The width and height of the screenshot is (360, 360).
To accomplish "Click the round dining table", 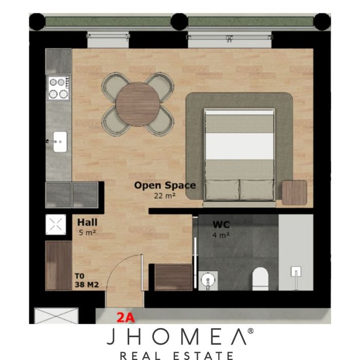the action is click(x=138, y=104).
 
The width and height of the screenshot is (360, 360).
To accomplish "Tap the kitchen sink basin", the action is click(x=60, y=141).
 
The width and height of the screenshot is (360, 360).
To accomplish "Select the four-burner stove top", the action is click(x=58, y=88).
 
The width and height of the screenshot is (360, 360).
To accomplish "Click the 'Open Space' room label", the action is click(x=165, y=185).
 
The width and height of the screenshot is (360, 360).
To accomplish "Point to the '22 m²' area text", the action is click(x=165, y=196).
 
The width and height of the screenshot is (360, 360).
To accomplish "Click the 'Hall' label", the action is click(x=87, y=222).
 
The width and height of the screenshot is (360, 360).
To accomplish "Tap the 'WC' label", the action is click(x=221, y=225).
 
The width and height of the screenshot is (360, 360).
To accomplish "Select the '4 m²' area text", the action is click(x=221, y=235).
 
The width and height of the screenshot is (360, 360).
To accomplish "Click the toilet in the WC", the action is click(x=260, y=279).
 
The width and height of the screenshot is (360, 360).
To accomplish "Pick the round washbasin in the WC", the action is click(x=208, y=281).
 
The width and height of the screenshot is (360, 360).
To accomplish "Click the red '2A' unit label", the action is click(x=125, y=318).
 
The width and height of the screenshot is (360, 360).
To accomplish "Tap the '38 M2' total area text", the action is click(x=86, y=285).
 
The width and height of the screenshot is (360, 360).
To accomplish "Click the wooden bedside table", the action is click(x=294, y=193).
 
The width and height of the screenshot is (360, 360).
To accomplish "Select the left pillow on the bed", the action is click(x=222, y=190).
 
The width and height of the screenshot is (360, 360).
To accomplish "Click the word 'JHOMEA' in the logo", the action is click(x=176, y=336).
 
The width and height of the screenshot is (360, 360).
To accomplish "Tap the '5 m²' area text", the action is click(x=87, y=232).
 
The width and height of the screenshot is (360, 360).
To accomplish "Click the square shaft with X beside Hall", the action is click(x=56, y=224).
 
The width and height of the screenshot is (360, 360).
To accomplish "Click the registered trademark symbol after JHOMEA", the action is click(x=250, y=331).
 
